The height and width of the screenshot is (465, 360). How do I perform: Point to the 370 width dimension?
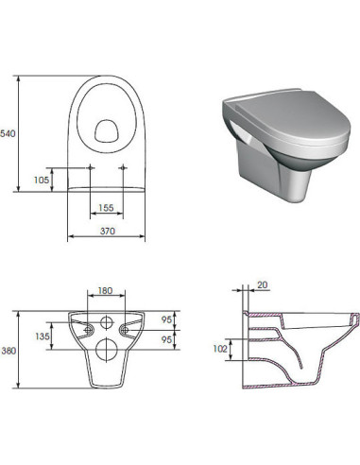coord(107,232)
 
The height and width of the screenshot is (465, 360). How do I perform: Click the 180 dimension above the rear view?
coord(105,292)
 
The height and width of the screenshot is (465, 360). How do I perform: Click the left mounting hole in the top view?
coord(90,168)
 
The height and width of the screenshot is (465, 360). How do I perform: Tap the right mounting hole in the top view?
coord(125,168)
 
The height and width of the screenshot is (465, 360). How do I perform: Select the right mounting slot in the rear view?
coord(128,328)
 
